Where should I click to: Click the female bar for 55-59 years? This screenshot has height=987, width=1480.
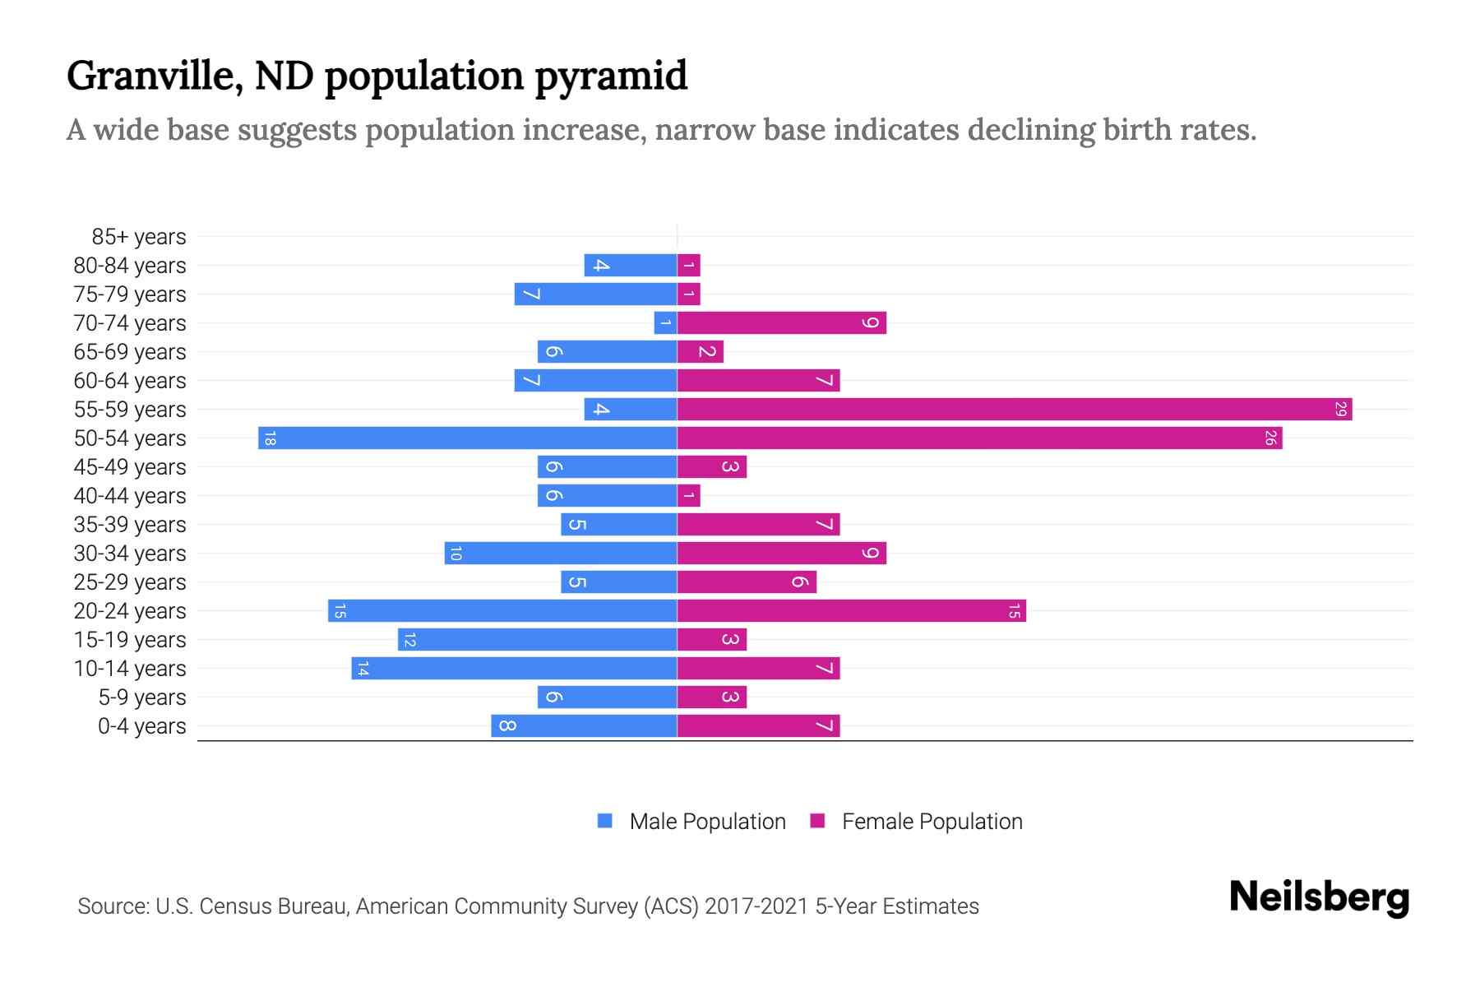tap(1014, 409)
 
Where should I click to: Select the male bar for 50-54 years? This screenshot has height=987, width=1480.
tap(467, 438)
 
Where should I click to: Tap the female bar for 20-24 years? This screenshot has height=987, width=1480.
tap(851, 610)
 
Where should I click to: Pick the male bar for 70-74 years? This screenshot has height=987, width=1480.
tap(665, 322)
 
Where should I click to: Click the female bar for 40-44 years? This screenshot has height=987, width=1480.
tap(689, 495)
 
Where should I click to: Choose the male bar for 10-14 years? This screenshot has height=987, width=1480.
tap(514, 668)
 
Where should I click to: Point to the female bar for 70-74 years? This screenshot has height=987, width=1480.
tap(781, 322)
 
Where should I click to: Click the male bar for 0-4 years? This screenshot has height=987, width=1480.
tap(584, 725)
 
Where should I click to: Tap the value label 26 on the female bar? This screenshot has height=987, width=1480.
tap(1270, 438)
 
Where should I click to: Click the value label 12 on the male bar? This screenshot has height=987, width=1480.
tap(409, 639)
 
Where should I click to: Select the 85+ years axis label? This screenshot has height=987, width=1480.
tap(139, 237)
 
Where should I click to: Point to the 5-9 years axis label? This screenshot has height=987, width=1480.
tap(142, 697)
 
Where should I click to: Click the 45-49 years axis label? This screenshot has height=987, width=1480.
tap(130, 467)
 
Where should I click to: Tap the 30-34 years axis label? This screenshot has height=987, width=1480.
tap(130, 554)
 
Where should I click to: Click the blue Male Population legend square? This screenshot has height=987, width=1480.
tap(605, 821)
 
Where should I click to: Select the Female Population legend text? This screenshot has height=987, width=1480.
tap(932, 821)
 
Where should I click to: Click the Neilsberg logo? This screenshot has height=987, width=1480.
tap(1319, 897)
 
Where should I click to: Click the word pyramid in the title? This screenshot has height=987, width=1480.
tap(611, 76)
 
